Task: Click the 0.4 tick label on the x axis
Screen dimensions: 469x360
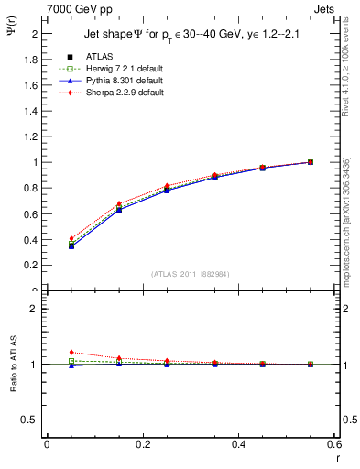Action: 238,444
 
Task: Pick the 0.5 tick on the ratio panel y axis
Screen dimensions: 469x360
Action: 33,420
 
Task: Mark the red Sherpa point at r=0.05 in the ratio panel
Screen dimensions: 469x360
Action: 71,352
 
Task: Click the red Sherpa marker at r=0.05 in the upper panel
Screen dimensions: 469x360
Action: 71,238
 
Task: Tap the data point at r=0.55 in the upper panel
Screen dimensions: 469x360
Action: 311,162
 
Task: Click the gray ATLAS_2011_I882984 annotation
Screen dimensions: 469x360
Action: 190,274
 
